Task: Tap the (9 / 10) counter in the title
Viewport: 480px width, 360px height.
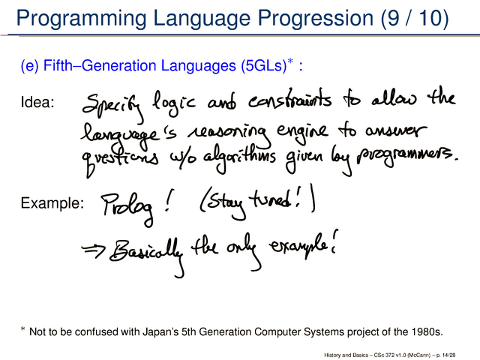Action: coord(415,18)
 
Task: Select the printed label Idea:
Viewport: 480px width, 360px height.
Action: coord(37,102)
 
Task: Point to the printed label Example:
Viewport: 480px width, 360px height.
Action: coord(52,203)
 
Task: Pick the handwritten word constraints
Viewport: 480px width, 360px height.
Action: coord(289,100)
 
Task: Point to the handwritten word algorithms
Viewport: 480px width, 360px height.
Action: coord(240,157)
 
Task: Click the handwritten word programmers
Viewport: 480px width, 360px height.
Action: coord(406,157)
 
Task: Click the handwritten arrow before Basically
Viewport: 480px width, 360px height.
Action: coord(93,250)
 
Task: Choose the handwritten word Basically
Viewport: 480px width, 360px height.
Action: coord(147,254)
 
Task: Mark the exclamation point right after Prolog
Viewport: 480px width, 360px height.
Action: coord(168,200)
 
